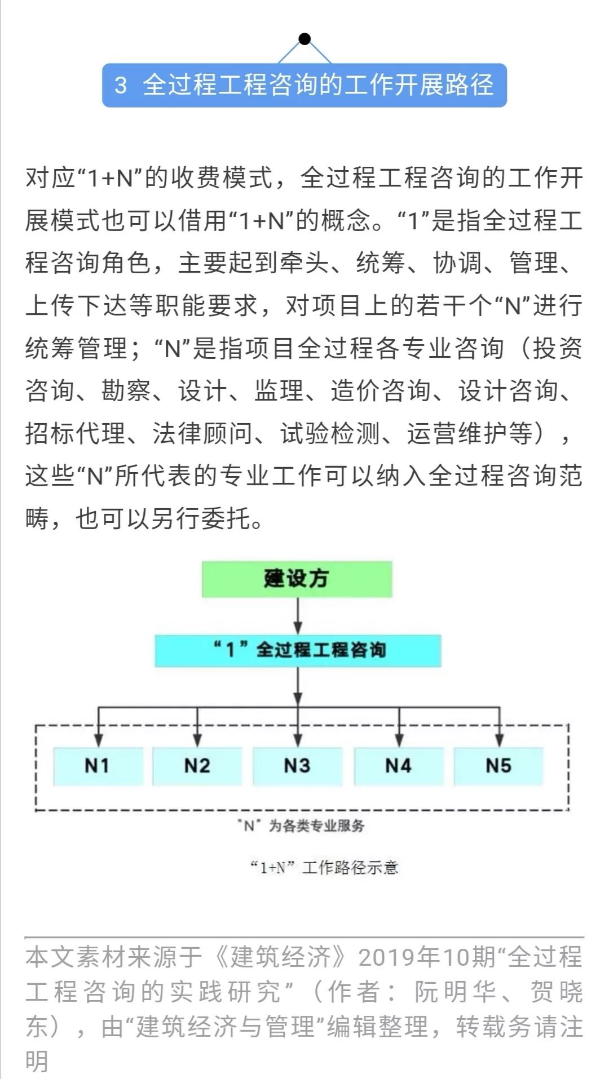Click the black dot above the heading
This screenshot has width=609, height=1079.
pyautogui.click(x=304, y=39)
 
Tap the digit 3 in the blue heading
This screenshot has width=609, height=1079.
pyautogui.click(x=120, y=86)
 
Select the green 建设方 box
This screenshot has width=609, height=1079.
pyautogui.click(x=297, y=579)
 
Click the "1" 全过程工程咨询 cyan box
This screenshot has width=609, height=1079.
pyautogui.click(x=298, y=650)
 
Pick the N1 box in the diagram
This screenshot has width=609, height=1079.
pyautogui.click(x=98, y=766)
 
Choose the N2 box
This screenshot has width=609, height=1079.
pyautogui.click(x=197, y=766)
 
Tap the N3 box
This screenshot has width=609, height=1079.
pyautogui.click(x=297, y=766)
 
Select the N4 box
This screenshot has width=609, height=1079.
pyautogui.click(x=399, y=766)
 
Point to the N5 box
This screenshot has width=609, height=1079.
pyautogui.click(x=498, y=766)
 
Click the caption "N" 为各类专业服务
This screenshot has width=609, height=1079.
pyautogui.click(x=301, y=826)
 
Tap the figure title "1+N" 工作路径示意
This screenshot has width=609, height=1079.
pyautogui.click(x=324, y=867)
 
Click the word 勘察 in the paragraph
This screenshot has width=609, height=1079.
pyautogui.click(x=126, y=390)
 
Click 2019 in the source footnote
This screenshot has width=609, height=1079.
pyautogui.click(x=386, y=957)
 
